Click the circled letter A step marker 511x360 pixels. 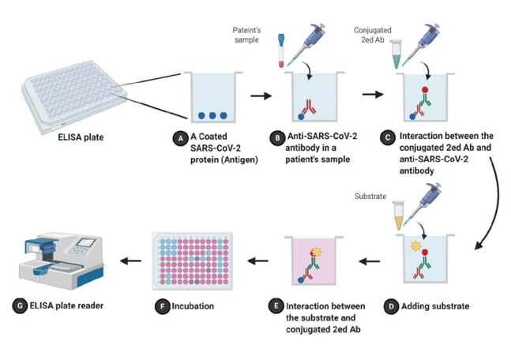(x=180, y=138)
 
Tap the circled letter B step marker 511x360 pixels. (x=277, y=138)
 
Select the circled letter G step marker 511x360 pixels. (x=20, y=306)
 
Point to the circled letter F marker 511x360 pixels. (x=162, y=306)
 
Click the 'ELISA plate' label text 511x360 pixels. (x=81, y=137)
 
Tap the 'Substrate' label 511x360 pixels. (x=370, y=196)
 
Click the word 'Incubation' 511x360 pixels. (x=193, y=306)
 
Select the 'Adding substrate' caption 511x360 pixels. (x=435, y=306)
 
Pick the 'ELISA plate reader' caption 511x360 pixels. (x=66, y=306)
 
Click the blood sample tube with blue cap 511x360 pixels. (x=281, y=51)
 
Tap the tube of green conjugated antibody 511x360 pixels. (x=396, y=54)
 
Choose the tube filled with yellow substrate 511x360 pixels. (x=399, y=216)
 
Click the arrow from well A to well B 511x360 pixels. (x=261, y=96)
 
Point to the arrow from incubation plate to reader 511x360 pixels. (x=130, y=261)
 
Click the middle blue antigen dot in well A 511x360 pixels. (x=212, y=115)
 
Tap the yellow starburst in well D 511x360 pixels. (x=416, y=246)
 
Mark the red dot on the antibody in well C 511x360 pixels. (x=425, y=89)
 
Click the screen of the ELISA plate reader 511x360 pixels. (x=86, y=242)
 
